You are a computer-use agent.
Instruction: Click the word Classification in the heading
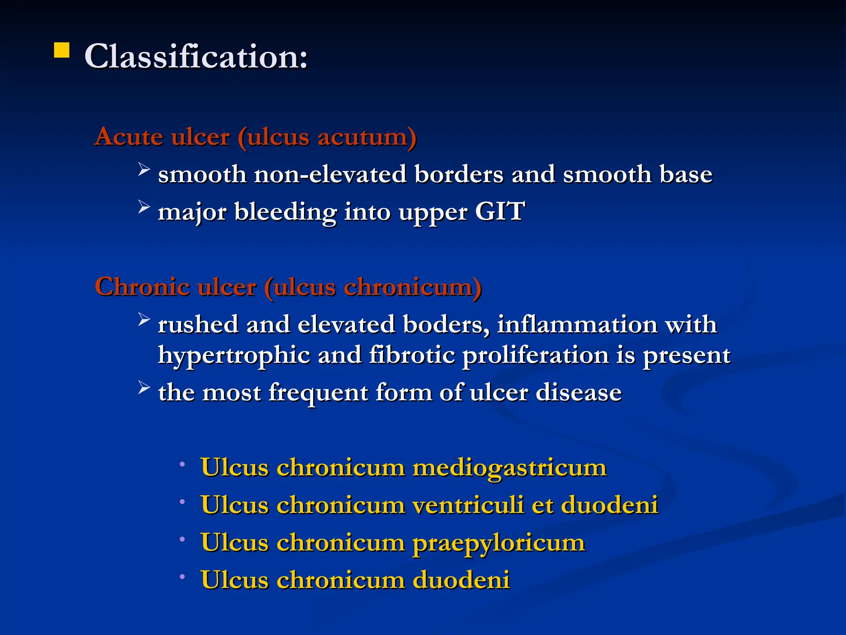(196, 56)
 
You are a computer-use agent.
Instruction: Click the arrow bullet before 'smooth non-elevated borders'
(143, 169)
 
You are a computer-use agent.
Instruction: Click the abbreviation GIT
(499, 211)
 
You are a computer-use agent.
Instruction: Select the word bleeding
(285, 212)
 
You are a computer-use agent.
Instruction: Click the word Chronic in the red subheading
(142, 286)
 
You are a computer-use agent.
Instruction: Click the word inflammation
(577, 324)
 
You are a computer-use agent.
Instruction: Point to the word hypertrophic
(234, 356)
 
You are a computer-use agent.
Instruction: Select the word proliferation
(535, 356)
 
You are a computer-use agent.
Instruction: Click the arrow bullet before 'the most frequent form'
(143, 387)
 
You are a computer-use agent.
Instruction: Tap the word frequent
(318, 393)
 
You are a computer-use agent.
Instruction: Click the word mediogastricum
(509, 468)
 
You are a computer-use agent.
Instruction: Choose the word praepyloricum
(499, 543)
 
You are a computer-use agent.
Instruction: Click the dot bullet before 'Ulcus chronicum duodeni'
(182, 576)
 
